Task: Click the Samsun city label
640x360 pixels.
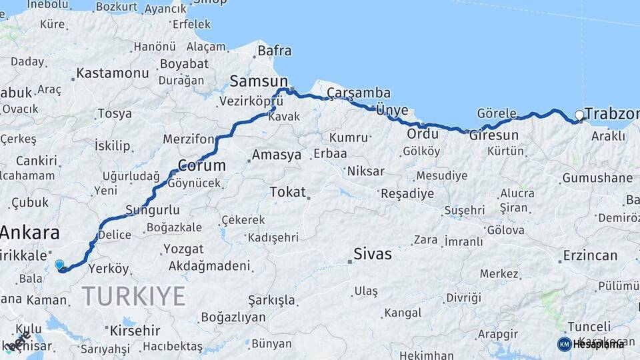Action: [x=253, y=81]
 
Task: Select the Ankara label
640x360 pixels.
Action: [x=29, y=233]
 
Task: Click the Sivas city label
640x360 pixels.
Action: [x=372, y=254]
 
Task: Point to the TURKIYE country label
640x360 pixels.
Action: [x=133, y=295]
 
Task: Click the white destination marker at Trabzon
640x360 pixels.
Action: [x=579, y=116]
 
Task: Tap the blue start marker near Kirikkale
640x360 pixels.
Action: [x=59, y=265]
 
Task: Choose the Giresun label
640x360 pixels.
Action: [x=493, y=135]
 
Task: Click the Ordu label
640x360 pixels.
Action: [x=423, y=134]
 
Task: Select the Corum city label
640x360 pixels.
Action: [x=202, y=165]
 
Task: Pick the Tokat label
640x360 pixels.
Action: [x=287, y=192]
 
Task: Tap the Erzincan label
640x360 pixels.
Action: [x=590, y=255]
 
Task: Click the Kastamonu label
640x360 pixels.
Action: [x=112, y=73]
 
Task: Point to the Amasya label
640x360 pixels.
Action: [x=276, y=155]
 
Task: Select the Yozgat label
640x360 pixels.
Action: [x=183, y=249]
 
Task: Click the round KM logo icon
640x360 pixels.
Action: [x=564, y=344]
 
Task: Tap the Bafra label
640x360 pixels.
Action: [x=274, y=51]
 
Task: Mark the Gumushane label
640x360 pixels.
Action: [x=597, y=178]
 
